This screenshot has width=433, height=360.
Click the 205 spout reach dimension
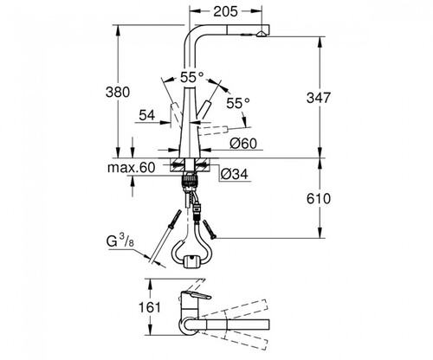pos(225,11)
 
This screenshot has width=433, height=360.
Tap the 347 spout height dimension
pos(318,98)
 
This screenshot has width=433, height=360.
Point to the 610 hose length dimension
pos(319,199)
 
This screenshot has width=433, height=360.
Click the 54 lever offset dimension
pos(147,115)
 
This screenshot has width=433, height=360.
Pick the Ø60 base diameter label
pos(243,144)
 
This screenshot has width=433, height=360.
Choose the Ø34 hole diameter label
pos(234,174)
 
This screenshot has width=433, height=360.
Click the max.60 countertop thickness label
pos(132,168)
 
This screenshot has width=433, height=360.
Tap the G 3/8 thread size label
pos(120,241)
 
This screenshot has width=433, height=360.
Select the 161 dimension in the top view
pos(150,307)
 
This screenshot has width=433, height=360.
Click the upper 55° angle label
pos(192,77)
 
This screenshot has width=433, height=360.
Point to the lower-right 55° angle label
pos(238,103)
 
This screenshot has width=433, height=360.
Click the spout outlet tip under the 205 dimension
pos(262,34)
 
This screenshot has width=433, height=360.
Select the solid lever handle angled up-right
pos(204,110)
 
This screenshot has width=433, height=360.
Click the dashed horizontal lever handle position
pos(214,130)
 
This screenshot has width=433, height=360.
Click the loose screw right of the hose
pos(210,229)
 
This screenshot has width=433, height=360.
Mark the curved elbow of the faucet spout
pos(192,33)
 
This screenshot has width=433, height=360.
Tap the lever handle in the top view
pos(197,297)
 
